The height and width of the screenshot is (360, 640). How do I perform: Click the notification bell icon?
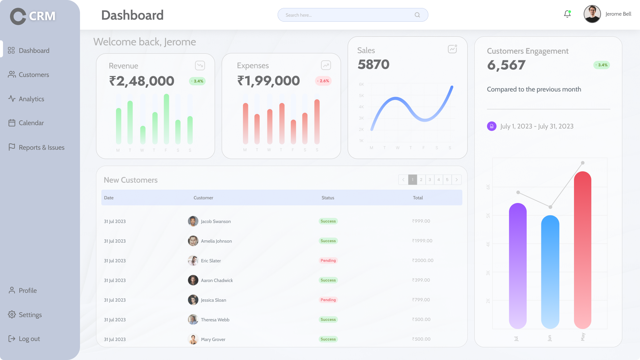(567, 14)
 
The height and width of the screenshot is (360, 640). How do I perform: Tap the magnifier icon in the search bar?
(417, 15)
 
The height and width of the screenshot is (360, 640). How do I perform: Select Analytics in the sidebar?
(31, 99)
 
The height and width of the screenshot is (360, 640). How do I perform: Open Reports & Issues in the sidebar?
(41, 147)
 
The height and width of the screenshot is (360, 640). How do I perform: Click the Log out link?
(29, 339)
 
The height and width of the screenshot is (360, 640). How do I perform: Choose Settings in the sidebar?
(30, 315)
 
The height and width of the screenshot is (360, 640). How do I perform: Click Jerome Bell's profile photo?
(592, 14)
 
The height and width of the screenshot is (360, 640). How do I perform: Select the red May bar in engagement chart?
(582, 250)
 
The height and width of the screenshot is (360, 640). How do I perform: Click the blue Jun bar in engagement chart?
(550, 272)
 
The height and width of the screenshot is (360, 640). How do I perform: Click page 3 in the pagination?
(430, 180)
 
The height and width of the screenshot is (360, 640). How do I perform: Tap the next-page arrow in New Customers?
(456, 180)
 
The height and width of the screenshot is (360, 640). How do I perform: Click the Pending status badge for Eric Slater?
(328, 261)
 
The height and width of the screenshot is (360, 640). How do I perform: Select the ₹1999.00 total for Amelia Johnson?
(422, 241)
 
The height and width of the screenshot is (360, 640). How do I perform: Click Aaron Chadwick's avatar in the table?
(193, 280)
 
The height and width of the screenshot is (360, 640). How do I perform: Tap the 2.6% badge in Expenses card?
(323, 81)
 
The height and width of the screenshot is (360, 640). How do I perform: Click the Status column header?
(328, 198)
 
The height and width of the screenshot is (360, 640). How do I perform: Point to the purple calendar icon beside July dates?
(492, 126)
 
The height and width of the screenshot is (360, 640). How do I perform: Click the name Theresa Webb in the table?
(215, 320)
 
